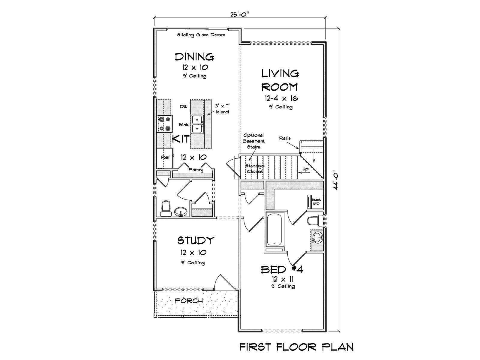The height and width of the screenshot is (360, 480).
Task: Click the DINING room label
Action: point(194,57)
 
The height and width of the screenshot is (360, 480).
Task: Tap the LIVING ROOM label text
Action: point(280,80)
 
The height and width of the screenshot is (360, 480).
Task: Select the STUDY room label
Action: point(195,240)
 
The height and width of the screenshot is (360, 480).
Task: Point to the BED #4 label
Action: point(282,269)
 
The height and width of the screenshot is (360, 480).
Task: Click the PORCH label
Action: point(189,301)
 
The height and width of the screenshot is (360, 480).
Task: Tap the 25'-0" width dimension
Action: point(240,14)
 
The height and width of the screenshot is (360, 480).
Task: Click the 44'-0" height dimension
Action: point(335,180)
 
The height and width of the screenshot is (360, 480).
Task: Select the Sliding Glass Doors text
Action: point(201,35)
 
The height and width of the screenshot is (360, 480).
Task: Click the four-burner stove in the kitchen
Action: point(164,124)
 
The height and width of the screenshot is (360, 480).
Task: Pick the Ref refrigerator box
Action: point(165,158)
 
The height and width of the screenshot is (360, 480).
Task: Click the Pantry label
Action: point(196,169)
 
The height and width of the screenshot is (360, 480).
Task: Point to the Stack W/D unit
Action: point(315,202)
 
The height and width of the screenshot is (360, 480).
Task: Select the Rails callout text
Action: point(285,138)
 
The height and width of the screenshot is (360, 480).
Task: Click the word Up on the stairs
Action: point(305,169)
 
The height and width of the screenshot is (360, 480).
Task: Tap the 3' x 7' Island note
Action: point(222,109)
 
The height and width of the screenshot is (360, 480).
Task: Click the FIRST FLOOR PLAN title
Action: point(296,347)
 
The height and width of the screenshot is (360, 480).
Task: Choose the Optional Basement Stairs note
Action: point(254,141)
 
